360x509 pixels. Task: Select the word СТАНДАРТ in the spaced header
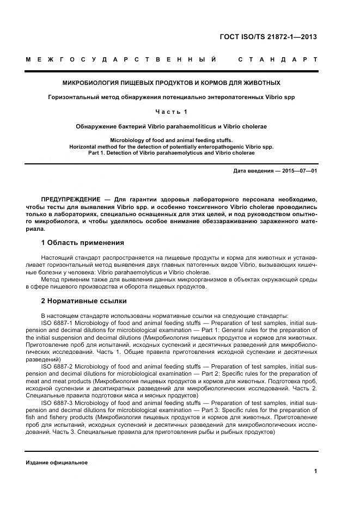tap(278, 59)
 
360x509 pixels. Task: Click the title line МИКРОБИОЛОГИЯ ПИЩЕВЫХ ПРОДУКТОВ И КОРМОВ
tap(172, 83)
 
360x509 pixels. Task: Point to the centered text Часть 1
tap(172, 112)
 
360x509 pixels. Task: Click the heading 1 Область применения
tap(83, 242)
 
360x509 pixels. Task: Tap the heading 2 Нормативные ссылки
tap(84, 301)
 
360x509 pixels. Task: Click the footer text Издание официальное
tap(57, 462)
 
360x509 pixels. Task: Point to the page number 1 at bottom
tap(316, 471)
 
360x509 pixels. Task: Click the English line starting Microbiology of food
tap(172, 140)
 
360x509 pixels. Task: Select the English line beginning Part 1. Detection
tap(172, 153)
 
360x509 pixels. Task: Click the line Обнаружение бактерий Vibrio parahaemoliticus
tap(172, 126)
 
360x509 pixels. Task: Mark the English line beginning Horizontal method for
tap(172, 146)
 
